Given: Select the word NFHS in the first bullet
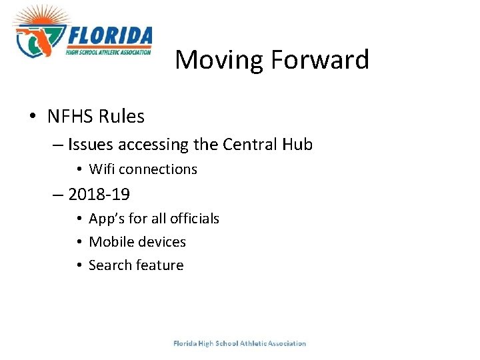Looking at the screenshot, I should (70, 117).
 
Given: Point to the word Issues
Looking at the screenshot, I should (90, 145).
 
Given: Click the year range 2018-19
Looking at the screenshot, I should (99, 195).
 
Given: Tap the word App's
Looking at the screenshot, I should (106, 219).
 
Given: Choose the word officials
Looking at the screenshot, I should (195, 219).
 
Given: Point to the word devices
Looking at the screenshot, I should (161, 241).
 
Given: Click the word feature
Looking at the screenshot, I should (159, 265).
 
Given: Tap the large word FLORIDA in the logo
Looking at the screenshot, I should (109, 35).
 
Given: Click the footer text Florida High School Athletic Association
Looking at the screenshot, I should (239, 343).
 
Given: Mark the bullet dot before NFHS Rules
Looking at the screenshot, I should (32, 117).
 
